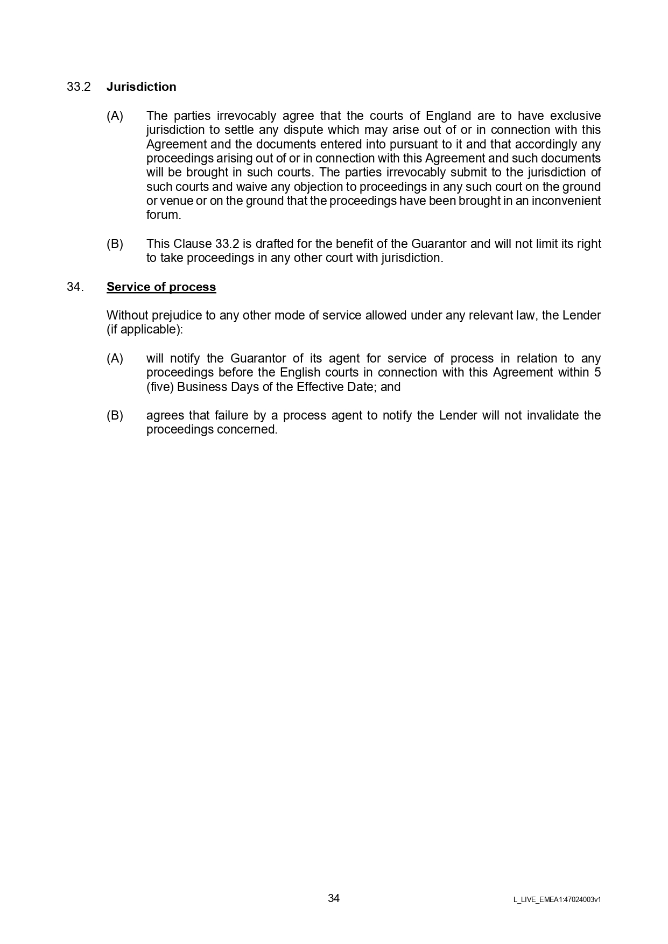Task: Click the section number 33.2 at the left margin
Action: tap(79, 87)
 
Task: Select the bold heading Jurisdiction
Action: tap(141, 87)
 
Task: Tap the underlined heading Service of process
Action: tap(161, 287)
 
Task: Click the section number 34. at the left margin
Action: tap(75, 287)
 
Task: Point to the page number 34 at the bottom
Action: tap(334, 898)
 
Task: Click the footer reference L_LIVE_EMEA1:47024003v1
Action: tap(557, 899)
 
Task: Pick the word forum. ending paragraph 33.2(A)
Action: tap(164, 215)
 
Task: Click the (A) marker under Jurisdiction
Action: tap(115, 116)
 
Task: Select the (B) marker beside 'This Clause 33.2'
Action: tap(115, 244)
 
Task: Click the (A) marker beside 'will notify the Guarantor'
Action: tap(115, 359)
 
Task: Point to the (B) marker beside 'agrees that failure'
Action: tap(115, 416)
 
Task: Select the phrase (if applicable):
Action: tap(145, 330)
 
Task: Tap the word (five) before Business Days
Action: tap(160, 387)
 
